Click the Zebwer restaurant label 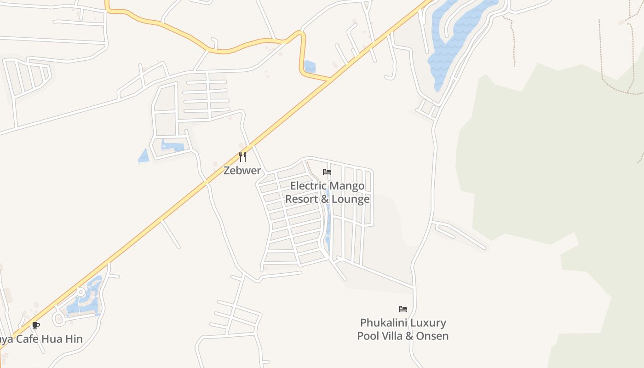[x=242, y=171]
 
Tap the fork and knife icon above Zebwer [x=242, y=157]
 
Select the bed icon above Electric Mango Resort [x=327, y=172]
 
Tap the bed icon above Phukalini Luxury [x=403, y=309]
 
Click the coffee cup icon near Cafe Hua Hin [x=36, y=326]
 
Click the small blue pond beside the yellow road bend [x=310, y=67]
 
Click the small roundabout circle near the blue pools [x=81, y=292]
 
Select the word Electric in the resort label [x=309, y=186]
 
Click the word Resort [x=302, y=200]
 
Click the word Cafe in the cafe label [x=27, y=339]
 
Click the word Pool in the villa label [x=367, y=336]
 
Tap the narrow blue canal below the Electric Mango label [x=328, y=221]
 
